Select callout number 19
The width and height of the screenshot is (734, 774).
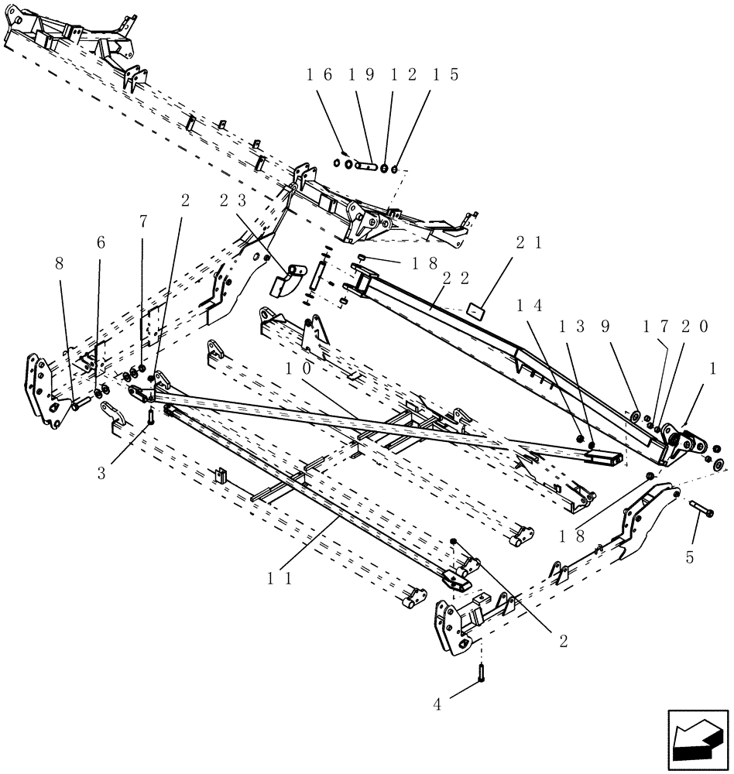[361, 75]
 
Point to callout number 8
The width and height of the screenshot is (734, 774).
[60, 263]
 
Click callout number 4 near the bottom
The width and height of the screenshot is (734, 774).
[437, 704]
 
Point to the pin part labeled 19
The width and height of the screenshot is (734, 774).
[365, 166]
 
